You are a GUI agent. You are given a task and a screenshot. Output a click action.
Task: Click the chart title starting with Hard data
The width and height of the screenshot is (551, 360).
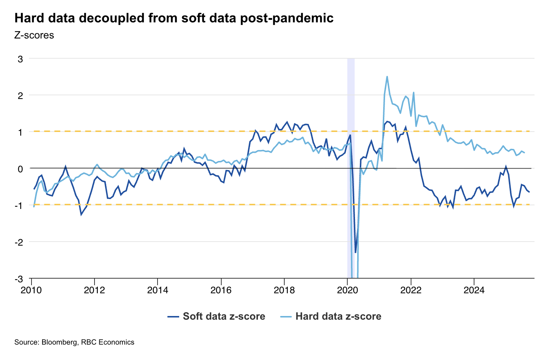[174, 18]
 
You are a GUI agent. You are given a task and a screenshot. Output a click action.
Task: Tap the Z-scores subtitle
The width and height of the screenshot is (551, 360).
[34, 36]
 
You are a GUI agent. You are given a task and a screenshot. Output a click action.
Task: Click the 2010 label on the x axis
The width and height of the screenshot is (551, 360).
[32, 290]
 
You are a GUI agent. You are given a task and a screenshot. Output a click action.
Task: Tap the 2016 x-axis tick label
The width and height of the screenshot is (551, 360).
[221, 290]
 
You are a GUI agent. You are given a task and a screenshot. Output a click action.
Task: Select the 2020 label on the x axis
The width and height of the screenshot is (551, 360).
[347, 290]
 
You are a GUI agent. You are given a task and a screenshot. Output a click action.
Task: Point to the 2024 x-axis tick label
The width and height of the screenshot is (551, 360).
[474, 290]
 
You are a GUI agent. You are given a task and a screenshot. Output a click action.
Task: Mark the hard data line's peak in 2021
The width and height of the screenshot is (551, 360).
[387, 77]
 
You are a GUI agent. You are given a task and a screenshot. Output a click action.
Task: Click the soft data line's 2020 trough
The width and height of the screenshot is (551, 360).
[355, 253]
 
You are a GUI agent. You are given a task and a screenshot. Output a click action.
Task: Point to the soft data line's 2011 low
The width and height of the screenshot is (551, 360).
[81, 214]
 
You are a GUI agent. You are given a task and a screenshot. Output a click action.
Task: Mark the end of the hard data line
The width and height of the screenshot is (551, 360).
[524, 153]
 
